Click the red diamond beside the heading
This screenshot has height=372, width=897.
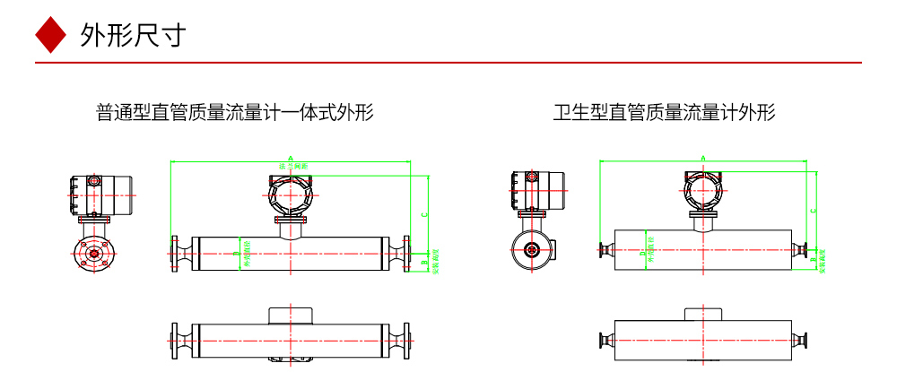click(51, 35)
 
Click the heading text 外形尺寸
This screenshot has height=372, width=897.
click(132, 35)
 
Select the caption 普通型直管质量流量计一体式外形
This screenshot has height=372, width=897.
click(235, 112)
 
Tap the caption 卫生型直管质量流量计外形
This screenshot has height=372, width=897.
click(664, 112)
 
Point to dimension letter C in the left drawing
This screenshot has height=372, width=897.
click(423, 213)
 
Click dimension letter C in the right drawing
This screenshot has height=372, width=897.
click(813, 210)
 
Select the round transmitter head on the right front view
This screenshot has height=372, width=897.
click(704, 190)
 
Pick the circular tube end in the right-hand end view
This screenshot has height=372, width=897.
click(531, 251)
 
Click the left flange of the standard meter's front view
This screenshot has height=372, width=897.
click(174, 253)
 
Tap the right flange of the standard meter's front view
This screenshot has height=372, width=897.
click(407, 253)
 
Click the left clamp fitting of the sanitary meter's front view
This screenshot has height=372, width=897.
click(603, 251)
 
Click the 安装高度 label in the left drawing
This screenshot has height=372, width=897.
click(435, 262)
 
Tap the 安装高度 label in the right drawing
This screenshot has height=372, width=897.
click(823, 260)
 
